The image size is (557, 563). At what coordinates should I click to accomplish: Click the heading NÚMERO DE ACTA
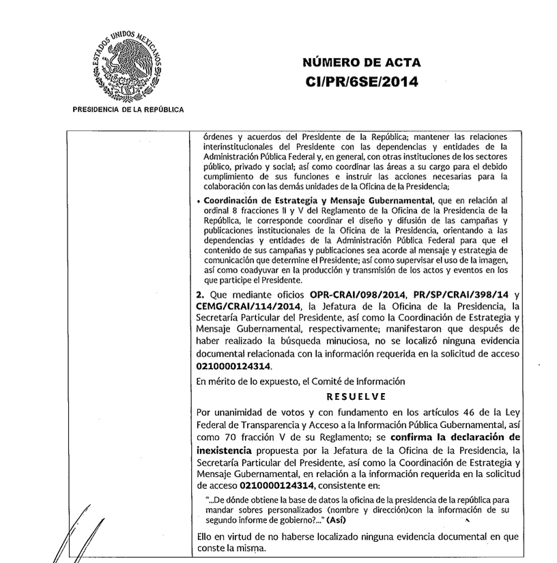pyautogui.click(x=361, y=63)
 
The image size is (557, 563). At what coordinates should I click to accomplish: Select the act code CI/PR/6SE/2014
pyautogui.click(x=361, y=82)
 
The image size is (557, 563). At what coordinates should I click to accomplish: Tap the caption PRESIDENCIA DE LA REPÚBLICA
pyautogui.click(x=128, y=109)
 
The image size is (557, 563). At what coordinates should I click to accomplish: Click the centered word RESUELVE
pyautogui.click(x=356, y=396)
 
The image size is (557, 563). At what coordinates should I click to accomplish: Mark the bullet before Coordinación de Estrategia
pyautogui.click(x=198, y=201)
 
